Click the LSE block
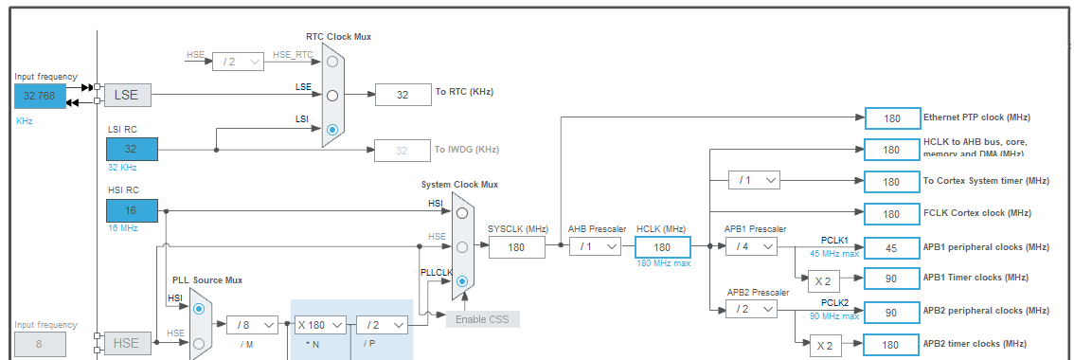click(127, 95)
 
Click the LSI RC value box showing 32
click(132, 149)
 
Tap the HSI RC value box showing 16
click(132, 209)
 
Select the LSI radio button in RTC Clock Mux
click(331, 130)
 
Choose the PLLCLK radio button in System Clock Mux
click(461, 280)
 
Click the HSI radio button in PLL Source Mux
click(198, 309)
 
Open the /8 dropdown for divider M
click(252, 325)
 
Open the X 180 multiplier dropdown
click(319, 325)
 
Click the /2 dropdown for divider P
click(382, 325)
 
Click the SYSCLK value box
click(517, 246)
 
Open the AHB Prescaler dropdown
click(595, 246)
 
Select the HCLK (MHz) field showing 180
click(662, 246)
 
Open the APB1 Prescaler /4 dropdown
click(751, 246)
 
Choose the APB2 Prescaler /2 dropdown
click(751, 310)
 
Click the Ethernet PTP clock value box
click(892, 117)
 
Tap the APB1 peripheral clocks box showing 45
click(892, 246)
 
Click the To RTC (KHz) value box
click(403, 94)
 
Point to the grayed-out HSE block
click(127, 342)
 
